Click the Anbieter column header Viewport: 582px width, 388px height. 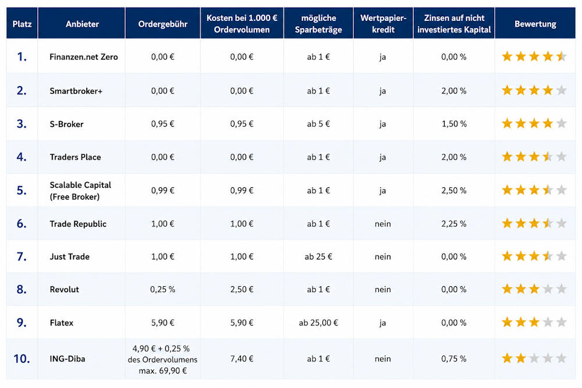tap(82, 24)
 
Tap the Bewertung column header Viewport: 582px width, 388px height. tap(535, 24)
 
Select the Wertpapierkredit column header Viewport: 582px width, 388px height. tap(383, 24)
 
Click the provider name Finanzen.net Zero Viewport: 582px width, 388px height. tap(83, 57)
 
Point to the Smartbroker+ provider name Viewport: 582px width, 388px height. tap(76, 91)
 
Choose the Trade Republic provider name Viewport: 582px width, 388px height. tap(78, 224)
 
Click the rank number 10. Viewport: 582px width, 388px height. tap(22, 359)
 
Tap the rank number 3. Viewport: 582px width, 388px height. tap(22, 123)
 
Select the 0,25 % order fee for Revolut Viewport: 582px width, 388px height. tap(162, 289)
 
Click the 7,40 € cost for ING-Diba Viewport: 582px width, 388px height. tap(242, 359)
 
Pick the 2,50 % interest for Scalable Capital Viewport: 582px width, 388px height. tap(454, 190)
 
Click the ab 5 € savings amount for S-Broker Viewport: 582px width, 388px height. tap(318, 124)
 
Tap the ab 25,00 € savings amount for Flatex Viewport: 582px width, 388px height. tap(318, 323)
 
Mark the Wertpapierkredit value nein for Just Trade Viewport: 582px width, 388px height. tap(383, 257)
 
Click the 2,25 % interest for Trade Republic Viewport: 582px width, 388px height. tap(454, 224)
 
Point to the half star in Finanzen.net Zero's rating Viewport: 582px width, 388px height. tap(561, 56)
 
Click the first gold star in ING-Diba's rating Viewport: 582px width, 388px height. tap(507, 358)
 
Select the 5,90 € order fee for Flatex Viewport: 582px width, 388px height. tap(162, 323)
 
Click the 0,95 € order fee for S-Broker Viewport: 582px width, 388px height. tap(162, 124)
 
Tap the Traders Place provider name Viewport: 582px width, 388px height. tap(75, 157)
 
